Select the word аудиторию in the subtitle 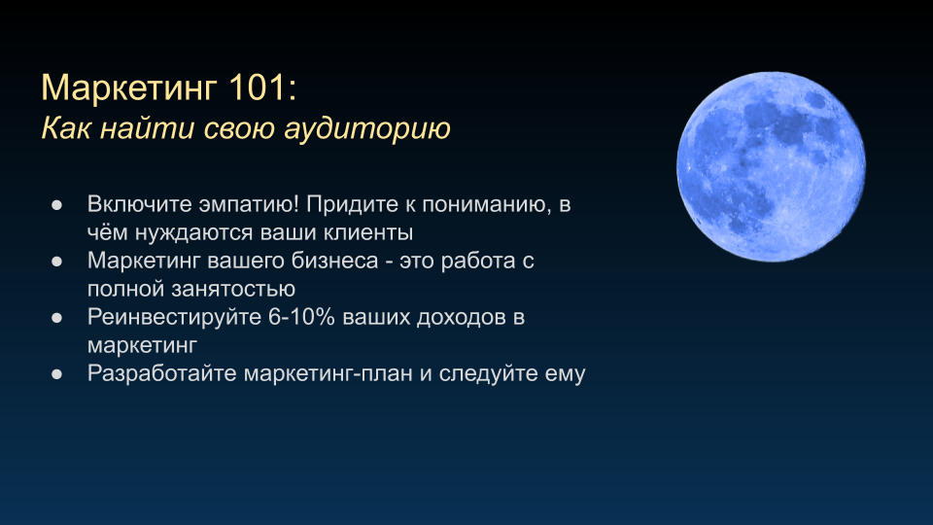(x=367, y=129)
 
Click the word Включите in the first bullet (x=139, y=204)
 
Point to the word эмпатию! (x=249, y=205)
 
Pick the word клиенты (x=368, y=232)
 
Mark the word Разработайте (x=162, y=373)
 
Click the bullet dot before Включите (x=57, y=205)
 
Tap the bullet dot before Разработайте (x=57, y=374)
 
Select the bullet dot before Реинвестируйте (x=57, y=318)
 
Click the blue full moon (x=771, y=166)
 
